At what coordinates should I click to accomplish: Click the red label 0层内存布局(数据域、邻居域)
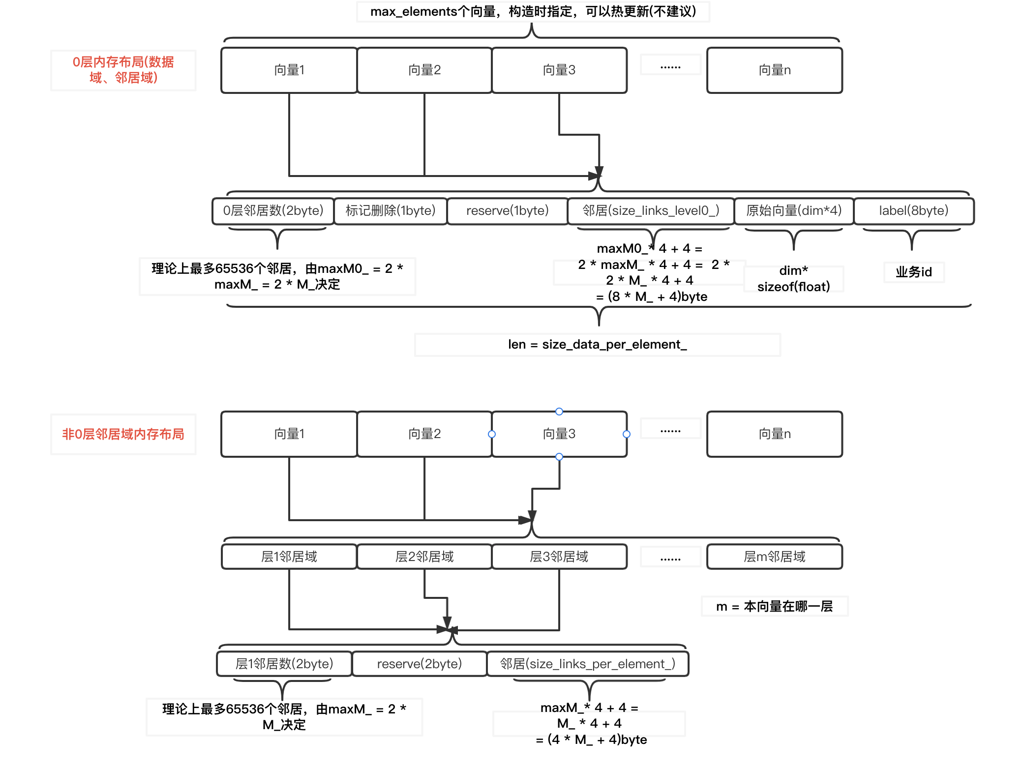[123, 70]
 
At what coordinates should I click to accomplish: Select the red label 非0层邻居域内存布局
[123, 434]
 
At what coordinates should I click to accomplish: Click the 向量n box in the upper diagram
[774, 70]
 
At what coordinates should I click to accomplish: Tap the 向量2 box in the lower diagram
[424, 434]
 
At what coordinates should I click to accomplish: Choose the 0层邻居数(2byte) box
[273, 211]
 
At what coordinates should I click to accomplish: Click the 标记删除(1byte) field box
[391, 211]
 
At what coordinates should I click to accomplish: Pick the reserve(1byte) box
[507, 211]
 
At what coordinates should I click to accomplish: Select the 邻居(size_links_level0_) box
[651, 211]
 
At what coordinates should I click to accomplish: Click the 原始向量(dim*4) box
[794, 211]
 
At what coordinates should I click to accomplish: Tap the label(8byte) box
[913, 211]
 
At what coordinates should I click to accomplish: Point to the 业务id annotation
[913, 272]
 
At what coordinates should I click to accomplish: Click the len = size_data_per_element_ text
[597, 345]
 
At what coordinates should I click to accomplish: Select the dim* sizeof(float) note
[793, 279]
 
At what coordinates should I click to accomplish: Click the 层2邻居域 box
[424, 557]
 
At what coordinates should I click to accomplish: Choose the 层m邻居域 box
[774, 557]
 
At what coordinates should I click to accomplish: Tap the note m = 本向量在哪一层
[774, 607]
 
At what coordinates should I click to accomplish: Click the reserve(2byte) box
[419, 664]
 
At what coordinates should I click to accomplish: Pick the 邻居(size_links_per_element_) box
[587, 664]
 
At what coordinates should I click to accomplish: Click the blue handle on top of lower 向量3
[559, 412]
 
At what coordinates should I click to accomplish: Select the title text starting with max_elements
[533, 11]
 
